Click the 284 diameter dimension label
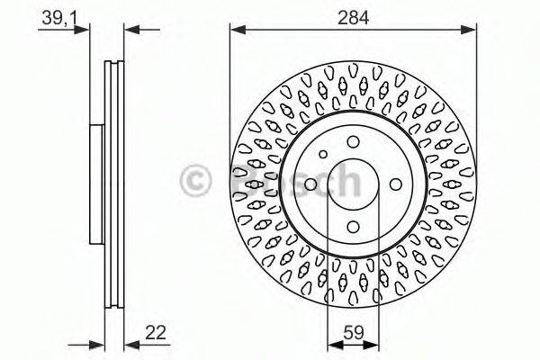(x=352, y=15)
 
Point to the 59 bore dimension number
(x=352, y=330)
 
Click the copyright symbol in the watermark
(x=196, y=182)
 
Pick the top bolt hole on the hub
(x=352, y=140)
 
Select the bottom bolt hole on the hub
(x=352, y=223)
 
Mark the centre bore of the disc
(x=352, y=183)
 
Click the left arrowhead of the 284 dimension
(x=236, y=30)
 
